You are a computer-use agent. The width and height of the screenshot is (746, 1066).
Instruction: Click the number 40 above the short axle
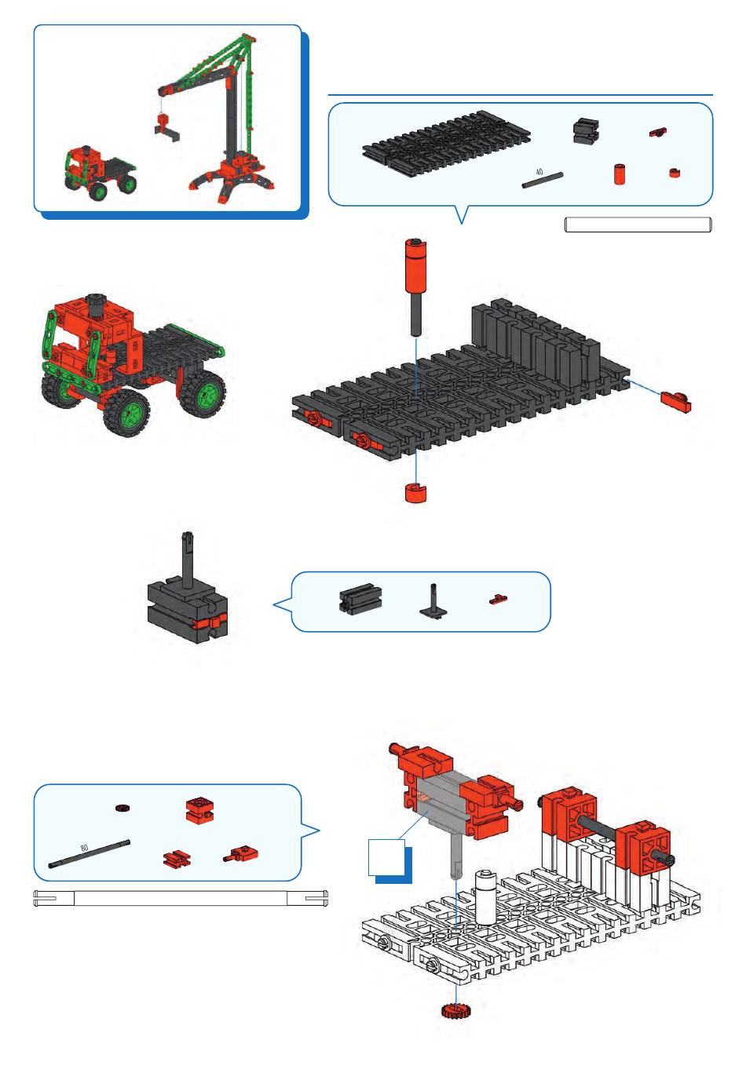click(x=539, y=172)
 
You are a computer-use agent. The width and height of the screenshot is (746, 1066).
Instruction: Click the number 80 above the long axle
click(x=84, y=848)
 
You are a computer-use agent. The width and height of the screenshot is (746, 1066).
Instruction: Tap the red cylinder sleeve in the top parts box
click(x=619, y=174)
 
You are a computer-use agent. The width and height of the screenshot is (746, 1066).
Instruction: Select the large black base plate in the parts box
click(x=447, y=142)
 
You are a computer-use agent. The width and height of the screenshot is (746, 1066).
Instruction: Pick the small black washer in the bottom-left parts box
click(x=123, y=808)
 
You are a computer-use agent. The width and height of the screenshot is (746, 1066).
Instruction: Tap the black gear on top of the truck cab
click(x=96, y=301)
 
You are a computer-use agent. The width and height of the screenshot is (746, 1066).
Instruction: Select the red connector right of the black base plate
click(x=675, y=402)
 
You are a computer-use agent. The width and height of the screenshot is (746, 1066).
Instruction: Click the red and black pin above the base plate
click(x=415, y=287)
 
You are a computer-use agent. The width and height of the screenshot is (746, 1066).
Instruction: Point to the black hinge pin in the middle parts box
click(x=433, y=601)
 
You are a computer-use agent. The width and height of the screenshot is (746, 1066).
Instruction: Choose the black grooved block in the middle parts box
click(x=360, y=599)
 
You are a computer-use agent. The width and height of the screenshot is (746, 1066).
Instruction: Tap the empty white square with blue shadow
click(x=386, y=857)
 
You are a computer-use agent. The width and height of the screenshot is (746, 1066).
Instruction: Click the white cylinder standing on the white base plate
click(x=485, y=896)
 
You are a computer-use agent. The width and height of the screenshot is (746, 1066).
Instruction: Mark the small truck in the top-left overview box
click(x=100, y=173)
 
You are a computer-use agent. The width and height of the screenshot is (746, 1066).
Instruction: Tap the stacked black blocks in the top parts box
click(x=586, y=131)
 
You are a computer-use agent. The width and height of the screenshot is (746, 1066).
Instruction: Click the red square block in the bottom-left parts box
click(x=199, y=809)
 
